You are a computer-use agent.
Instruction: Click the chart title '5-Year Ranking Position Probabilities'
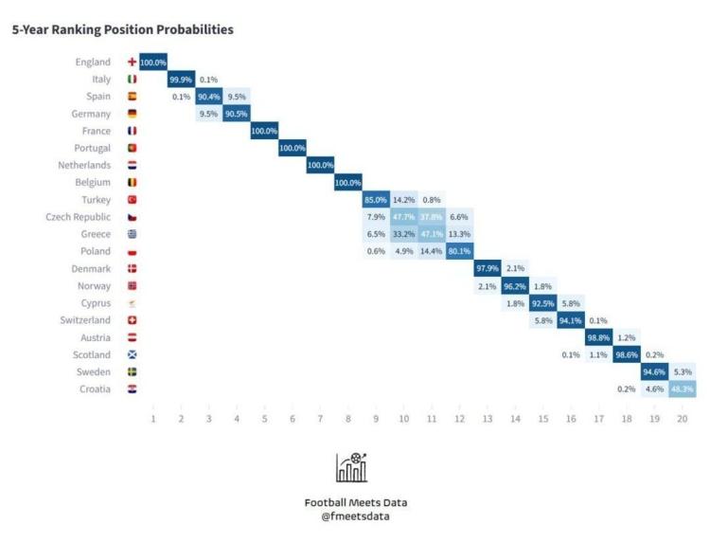[x=122, y=30]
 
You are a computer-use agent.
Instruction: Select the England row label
[x=93, y=63]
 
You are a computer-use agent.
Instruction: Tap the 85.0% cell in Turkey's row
[x=375, y=200]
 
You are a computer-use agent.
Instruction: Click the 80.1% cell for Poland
[x=458, y=252]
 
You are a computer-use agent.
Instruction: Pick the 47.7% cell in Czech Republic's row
[x=403, y=217]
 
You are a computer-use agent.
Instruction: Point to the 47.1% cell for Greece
[x=431, y=234]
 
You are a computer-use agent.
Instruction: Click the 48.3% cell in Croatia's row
[x=682, y=389]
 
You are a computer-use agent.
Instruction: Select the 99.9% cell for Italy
[x=181, y=80]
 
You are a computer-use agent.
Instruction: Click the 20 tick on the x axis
[x=682, y=418]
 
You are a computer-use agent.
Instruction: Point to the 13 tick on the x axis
[x=487, y=418]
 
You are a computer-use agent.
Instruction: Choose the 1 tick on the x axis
[x=153, y=418]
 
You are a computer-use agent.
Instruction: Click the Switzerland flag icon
[x=132, y=320]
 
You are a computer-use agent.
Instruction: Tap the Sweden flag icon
[x=132, y=372]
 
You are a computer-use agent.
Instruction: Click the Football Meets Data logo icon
[x=351, y=466]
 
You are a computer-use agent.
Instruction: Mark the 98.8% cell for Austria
[x=598, y=338]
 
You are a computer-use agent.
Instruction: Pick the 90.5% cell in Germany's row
[x=237, y=114]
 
